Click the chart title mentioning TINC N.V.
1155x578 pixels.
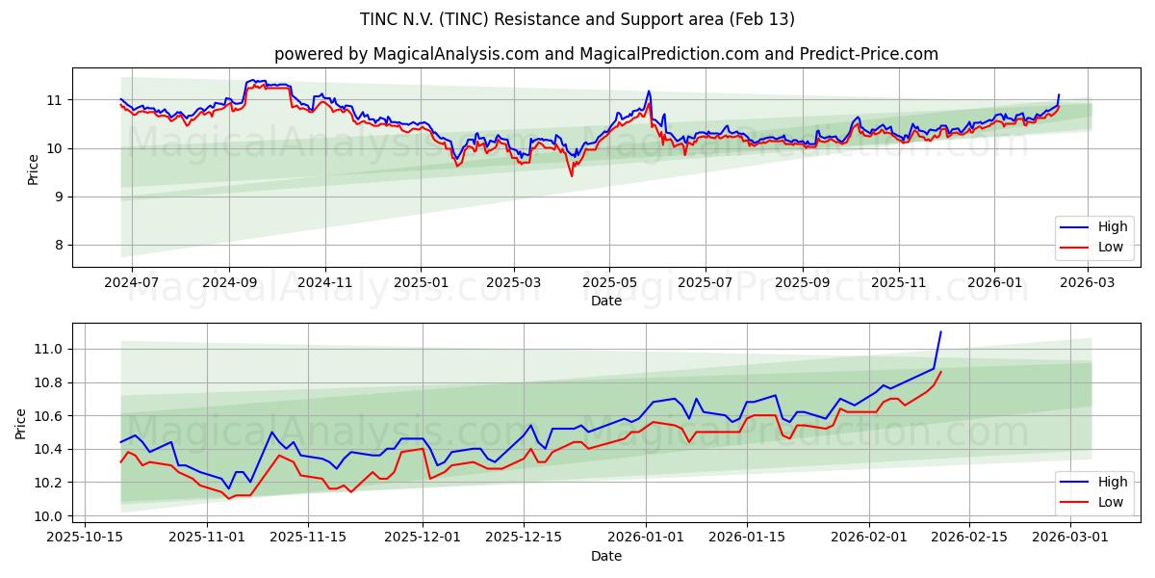coord(577,19)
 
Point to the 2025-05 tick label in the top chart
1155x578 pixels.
coord(608,283)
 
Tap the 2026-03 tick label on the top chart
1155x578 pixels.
coord(1088,283)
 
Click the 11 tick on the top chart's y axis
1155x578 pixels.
coord(54,100)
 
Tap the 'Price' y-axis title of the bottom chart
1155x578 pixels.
coord(21,424)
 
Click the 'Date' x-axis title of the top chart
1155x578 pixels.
coord(606,301)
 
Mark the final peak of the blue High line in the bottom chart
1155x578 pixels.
coord(940,332)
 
